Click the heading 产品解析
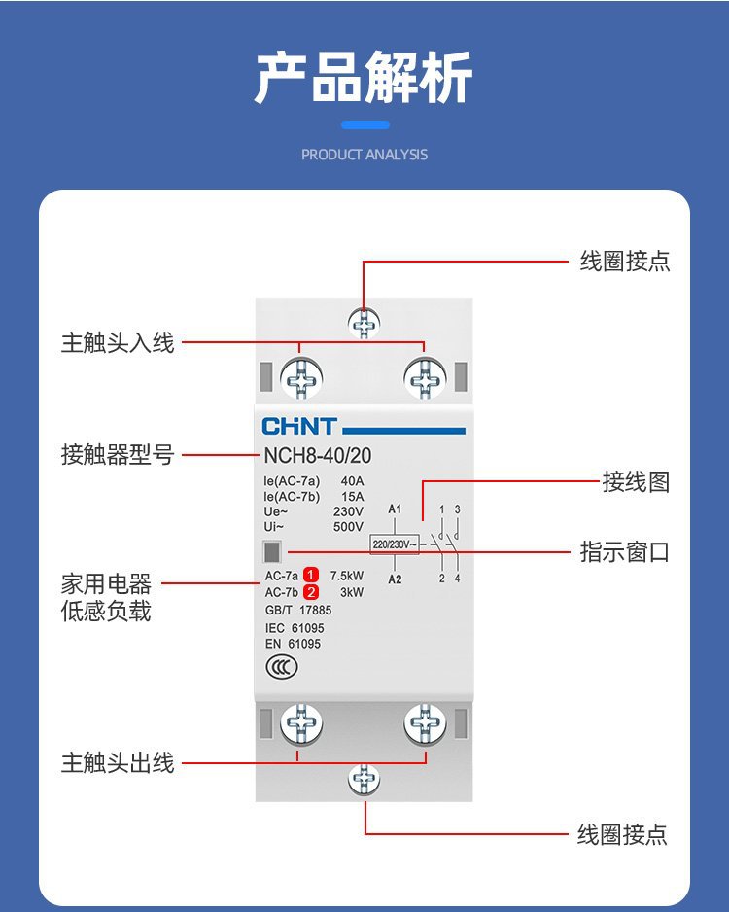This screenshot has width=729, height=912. point(364,78)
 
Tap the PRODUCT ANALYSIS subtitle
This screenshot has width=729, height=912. point(364,155)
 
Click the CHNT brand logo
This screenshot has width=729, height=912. point(299,427)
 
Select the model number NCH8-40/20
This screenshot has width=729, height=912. point(317,455)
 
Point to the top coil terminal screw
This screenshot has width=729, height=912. point(364,323)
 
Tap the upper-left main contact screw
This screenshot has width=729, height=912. point(301,377)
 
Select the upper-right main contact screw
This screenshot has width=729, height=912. point(425,377)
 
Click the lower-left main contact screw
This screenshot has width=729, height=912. point(301,724)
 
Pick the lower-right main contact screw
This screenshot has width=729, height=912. point(425,724)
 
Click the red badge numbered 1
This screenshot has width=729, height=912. point(311,574)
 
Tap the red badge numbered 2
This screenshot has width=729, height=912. point(311,592)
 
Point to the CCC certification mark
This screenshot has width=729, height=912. point(281,668)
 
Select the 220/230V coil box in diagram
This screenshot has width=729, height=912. point(394,544)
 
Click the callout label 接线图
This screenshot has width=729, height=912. point(636,482)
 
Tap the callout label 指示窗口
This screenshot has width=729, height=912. point(624,552)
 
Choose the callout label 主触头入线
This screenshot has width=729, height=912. point(118,343)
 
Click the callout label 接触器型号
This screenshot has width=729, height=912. point(118,455)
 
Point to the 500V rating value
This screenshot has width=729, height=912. point(347,527)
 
